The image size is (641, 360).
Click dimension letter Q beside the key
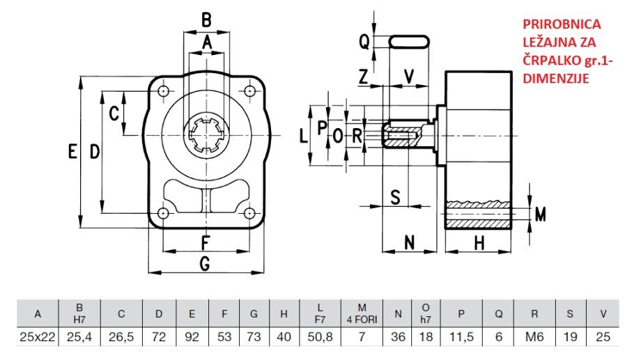tap(364, 42)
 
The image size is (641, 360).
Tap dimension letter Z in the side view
tap(362, 77)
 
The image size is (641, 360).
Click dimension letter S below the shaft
tap(395, 197)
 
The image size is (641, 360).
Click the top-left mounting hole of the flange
tap(163, 91)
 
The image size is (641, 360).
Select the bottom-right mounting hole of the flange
tap(248, 213)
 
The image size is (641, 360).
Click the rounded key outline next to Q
tap(409, 42)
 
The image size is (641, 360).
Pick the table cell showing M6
tap(534, 336)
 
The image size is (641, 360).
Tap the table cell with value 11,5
tap(461, 336)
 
